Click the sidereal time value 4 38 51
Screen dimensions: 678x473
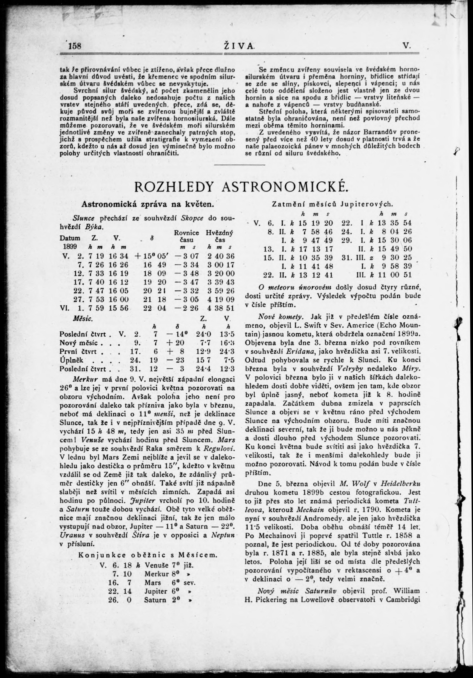(x=221, y=308)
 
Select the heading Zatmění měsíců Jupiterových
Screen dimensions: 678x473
(x=332, y=204)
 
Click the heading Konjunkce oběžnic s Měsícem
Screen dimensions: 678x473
(x=148, y=555)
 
